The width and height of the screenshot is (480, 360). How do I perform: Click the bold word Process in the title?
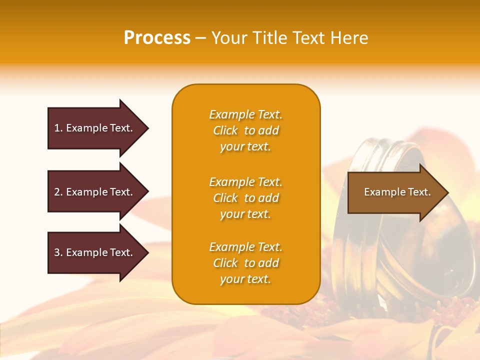[x=157, y=38]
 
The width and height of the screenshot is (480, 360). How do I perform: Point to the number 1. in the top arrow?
[x=58, y=128]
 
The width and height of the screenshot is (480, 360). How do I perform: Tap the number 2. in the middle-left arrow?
[x=58, y=192]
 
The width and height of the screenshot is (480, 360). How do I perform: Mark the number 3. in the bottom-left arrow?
[x=58, y=252]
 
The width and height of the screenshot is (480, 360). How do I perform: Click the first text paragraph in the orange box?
[x=245, y=130]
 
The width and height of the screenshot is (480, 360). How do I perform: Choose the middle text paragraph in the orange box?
[x=245, y=198]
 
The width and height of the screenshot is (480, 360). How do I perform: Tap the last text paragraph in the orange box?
[x=245, y=263]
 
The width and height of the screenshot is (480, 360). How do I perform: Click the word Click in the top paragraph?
[x=225, y=130]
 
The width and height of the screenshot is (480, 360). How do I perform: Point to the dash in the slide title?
[x=200, y=38]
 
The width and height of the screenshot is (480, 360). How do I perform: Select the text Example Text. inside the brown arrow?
[x=397, y=192]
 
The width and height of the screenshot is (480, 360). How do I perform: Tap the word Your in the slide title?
[x=230, y=38]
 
